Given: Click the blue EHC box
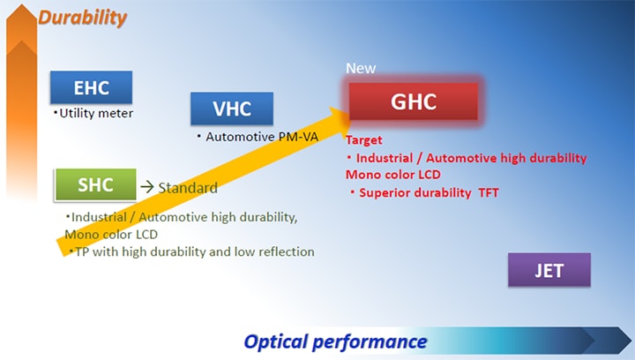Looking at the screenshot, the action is [91, 87].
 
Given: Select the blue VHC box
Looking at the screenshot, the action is [232, 109].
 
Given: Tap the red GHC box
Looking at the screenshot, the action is [413, 101].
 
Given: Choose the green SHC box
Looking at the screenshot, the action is [95, 184].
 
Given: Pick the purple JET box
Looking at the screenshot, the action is [549, 270].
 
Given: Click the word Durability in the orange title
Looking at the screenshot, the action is [83, 18].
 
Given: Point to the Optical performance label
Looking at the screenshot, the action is [335, 341].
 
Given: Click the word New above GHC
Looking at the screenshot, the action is [361, 68].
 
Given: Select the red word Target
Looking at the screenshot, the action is [363, 140].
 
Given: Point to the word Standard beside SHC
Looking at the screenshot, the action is [188, 188].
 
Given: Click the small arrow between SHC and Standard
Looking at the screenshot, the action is [147, 187].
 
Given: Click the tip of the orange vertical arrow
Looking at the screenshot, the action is [21, 5].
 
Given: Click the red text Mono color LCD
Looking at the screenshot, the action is [392, 175].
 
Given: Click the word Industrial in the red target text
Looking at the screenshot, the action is [385, 158].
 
